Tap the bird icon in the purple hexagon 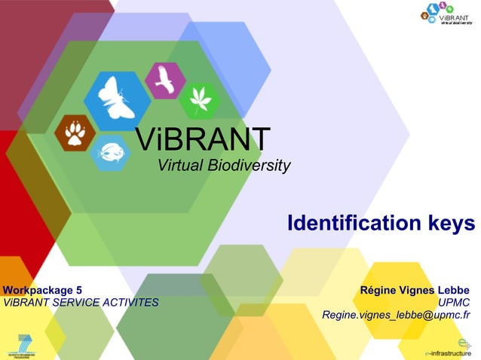165,80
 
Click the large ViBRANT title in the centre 203,139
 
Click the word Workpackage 38,290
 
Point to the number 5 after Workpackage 78,290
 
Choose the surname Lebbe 453,290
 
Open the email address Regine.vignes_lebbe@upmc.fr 396,316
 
